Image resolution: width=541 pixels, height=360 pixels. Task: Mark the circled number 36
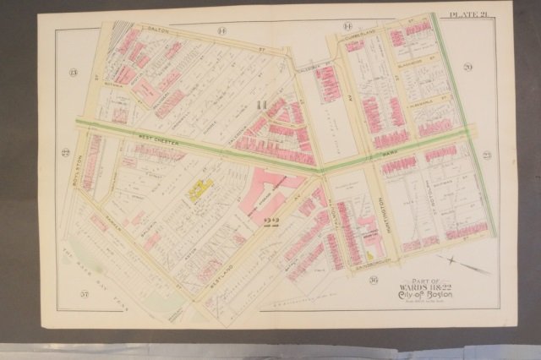348,280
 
